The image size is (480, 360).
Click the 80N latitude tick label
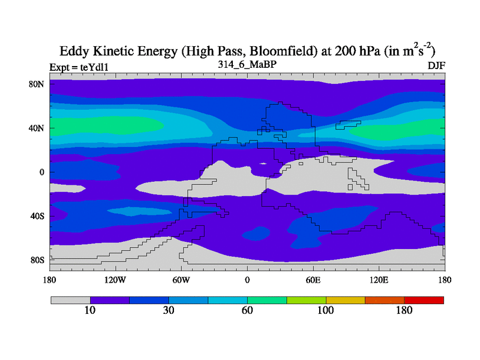38,84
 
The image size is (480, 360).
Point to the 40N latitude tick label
38,128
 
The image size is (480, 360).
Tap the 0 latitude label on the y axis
42,172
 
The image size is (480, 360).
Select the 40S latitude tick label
38,216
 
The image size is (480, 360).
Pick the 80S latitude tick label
38,260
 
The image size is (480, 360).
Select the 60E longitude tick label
313,280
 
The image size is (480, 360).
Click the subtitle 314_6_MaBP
247,64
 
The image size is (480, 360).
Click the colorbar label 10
90,310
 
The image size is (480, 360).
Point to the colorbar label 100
326,310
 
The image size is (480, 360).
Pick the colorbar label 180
404,310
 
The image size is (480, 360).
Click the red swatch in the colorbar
424,299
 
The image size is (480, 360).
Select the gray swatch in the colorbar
70,299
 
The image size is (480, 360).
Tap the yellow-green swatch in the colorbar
306,299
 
